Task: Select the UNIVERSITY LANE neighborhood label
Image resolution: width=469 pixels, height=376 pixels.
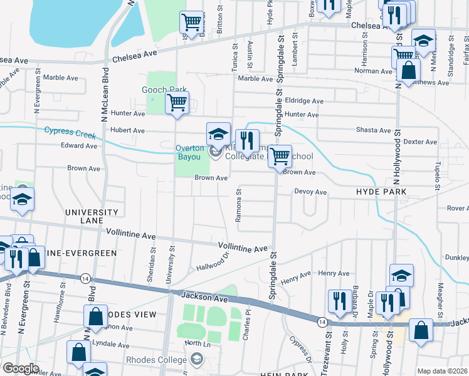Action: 92,217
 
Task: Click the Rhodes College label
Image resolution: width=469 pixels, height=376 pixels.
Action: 156,360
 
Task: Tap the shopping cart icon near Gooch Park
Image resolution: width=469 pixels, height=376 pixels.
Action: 177,103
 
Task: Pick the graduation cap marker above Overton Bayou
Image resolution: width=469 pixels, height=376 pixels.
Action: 218,133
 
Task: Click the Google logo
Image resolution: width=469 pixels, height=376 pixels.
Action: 21,368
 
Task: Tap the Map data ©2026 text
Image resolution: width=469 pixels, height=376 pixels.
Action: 442,371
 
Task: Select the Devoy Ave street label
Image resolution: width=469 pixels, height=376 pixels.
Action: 311,192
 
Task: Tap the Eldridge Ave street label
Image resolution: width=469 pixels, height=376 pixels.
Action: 303,101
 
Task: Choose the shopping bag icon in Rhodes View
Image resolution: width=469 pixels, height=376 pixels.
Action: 95,316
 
